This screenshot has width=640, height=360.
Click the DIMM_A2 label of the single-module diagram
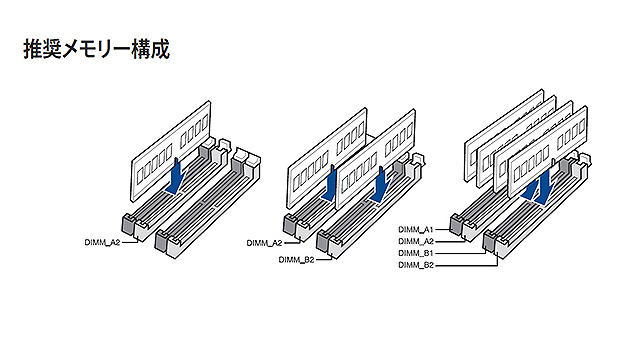(102, 242)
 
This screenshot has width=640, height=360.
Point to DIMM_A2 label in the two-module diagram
(264, 243)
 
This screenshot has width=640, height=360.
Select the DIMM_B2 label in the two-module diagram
(296, 260)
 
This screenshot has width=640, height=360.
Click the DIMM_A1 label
(416, 229)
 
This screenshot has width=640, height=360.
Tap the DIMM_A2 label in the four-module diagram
(416, 241)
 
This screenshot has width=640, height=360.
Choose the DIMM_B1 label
(416, 253)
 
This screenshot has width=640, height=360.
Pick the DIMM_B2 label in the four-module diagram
(416, 265)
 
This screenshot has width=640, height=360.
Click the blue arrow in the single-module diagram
(176, 176)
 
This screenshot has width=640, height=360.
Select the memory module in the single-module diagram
(171, 151)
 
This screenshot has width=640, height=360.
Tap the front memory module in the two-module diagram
(375, 159)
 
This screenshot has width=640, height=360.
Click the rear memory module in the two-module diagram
(327, 158)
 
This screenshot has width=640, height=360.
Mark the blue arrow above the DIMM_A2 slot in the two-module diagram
(330, 184)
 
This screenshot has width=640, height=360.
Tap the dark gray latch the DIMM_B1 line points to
(489, 240)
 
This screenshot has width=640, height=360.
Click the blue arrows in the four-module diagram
(539, 187)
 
